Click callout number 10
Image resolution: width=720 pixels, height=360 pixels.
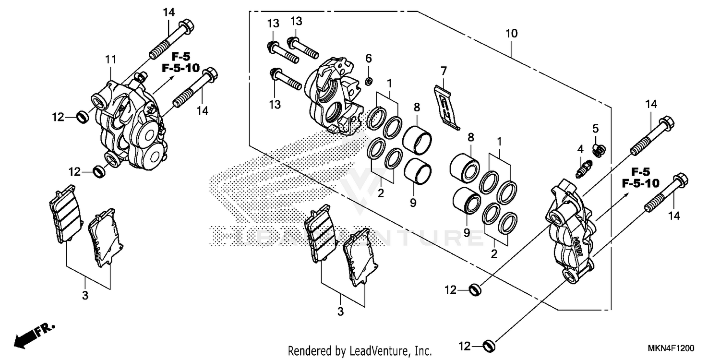point(511,34)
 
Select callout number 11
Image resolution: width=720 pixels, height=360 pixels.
point(111,60)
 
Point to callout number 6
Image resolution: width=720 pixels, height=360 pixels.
point(369,59)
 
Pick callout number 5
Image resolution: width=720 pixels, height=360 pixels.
point(595,128)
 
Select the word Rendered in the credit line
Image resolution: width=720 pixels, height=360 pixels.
point(308,350)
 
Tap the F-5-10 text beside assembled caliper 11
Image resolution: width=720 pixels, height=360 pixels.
point(180,69)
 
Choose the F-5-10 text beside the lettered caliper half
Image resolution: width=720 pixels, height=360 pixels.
point(641,183)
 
